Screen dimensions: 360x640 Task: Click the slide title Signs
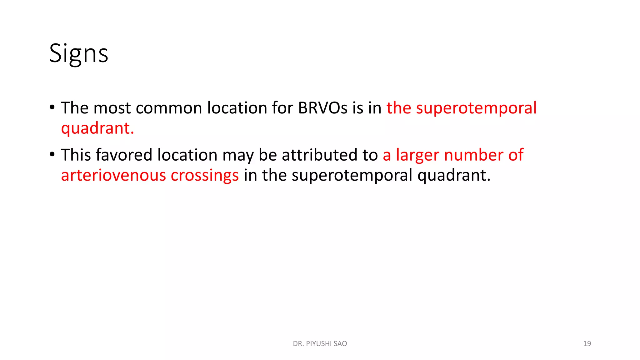pyautogui.click(x=78, y=53)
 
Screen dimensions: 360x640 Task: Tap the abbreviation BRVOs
pyautogui.click(x=322, y=108)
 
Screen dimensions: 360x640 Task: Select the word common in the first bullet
pyautogui.click(x=169, y=108)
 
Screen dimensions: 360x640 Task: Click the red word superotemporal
pyautogui.click(x=476, y=108)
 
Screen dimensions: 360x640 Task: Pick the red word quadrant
pyautogui.click(x=97, y=128)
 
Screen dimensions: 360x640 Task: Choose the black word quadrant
pyautogui.click(x=454, y=175)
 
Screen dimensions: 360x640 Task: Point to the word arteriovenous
pyautogui.click(x=113, y=175)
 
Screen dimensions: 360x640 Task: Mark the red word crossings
pyautogui.click(x=205, y=176)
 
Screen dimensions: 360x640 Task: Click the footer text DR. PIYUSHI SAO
pyautogui.click(x=320, y=344)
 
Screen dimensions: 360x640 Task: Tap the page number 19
pyautogui.click(x=587, y=344)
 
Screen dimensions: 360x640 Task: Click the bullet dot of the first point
pyautogui.click(x=52, y=107)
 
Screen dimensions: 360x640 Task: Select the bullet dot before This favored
pyautogui.click(x=52, y=154)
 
